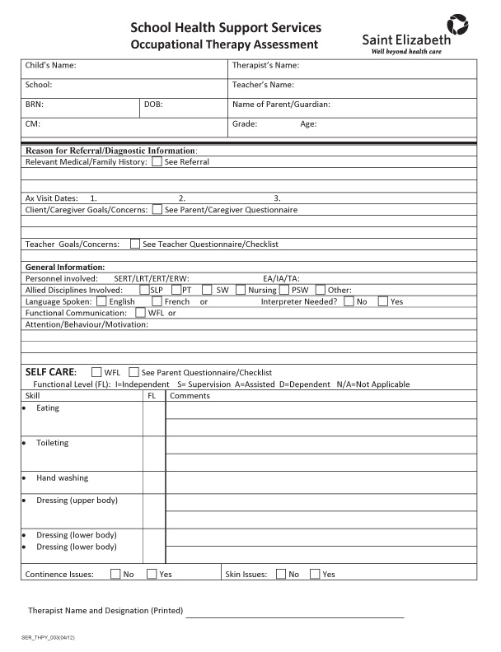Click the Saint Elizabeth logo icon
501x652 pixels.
pyautogui.click(x=457, y=24)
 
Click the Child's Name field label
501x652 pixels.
pyautogui.click(x=51, y=66)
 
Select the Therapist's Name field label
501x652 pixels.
pyautogui.click(x=265, y=66)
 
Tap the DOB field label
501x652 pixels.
pyautogui.click(x=153, y=105)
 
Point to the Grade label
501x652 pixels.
pyautogui.click(x=245, y=124)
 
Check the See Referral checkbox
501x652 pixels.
pyautogui.click(x=157, y=162)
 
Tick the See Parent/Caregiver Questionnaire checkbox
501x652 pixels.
pyautogui.click(x=157, y=210)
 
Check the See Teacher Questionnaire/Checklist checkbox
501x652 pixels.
pyautogui.click(x=134, y=244)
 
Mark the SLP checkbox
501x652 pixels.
pyautogui.click(x=145, y=290)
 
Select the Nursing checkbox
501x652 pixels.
pyautogui.click(x=241, y=290)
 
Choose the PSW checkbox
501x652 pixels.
pyautogui.click(x=284, y=290)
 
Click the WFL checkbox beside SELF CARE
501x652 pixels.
pyautogui.click(x=96, y=372)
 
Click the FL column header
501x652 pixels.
pyautogui.click(x=152, y=396)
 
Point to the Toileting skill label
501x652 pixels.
pyautogui.click(x=53, y=443)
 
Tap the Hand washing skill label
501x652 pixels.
pyautogui.click(x=62, y=478)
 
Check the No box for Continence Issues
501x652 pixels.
pyautogui.click(x=115, y=574)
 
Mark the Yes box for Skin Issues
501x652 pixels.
pyautogui.click(x=315, y=574)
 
